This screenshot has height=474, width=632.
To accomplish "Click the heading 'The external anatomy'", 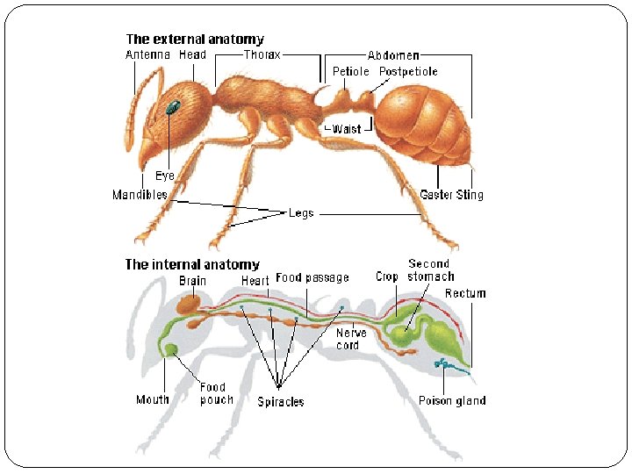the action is pyautogui.click(x=195, y=39).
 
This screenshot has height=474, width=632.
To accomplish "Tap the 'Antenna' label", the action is pyautogui.click(x=147, y=54).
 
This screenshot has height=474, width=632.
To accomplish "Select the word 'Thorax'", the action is pyautogui.click(x=261, y=54).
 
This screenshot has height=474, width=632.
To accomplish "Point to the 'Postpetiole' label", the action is pyautogui.click(x=408, y=71).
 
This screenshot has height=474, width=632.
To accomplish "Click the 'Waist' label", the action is pyautogui.click(x=347, y=129).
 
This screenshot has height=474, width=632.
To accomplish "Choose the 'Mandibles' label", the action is pyautogui.click(x=140, y=195).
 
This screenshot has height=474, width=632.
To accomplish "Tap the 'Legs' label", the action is pyautogui.click(x=301, y=212).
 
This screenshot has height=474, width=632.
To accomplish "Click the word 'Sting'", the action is pyautogui.click(x=470, y=195).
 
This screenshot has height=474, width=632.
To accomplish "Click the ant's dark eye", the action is pyautogui.click(x=173, y=108).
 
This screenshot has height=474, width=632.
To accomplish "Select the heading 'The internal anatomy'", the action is pyautogui.click(x=192, y=264).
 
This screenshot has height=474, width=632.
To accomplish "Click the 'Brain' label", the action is pyautogui.click(x=193, y=281).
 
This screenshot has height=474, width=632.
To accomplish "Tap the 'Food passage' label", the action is pyautogui.click(x=312, y=277).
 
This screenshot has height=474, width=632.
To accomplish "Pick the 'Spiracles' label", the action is pyautogui.click(x=281, y=402).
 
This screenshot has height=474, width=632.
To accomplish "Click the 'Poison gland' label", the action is pyautogui.click(x=452, y=401).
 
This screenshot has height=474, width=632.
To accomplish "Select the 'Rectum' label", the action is pyautogui.click(x=465, y=293).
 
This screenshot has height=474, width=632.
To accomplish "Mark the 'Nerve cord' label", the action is pyautogui.click(x=352, y=339).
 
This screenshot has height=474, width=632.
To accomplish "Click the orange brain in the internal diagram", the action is pyautogui.click(x=188, y=305).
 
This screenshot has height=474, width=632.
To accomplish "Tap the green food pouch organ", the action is pyautogui.click(x=171, y=350).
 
